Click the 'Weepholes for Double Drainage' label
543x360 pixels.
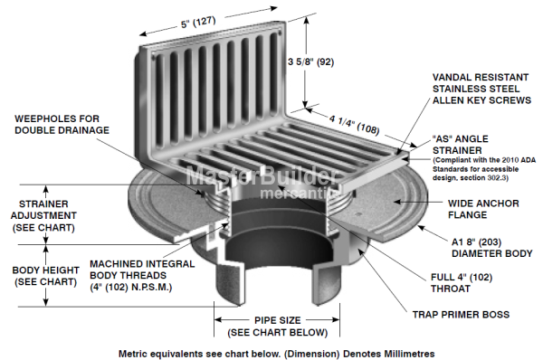point(62,124)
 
